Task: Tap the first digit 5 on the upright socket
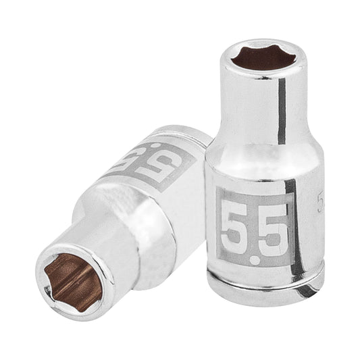coord(236,226)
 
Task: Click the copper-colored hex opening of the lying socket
coord(70,279)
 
